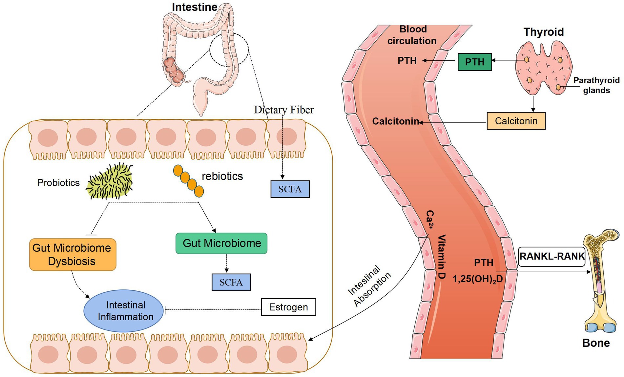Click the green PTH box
[x=474, y=62]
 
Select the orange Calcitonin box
[x=516, y=121]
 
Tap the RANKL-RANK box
[x=552, y=256]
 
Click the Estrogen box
[x=288, y=307]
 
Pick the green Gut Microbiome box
[x=221, y=243]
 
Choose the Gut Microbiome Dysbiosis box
[x=73, y=255]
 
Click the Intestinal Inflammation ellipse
[x=124, y=311]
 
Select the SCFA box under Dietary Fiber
[x=290, y=189]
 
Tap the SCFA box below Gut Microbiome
[x=231, y=282]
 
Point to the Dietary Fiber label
[x=284, y=110]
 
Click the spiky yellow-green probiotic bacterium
[x=110, y=181]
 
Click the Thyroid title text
[x=543, y=32]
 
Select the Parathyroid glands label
[x=596, y=85]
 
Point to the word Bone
[x=595, y=343]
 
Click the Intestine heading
[x=194, y=7]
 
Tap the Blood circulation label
[x=412, y=35]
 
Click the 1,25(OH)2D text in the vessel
[x=477, y=279]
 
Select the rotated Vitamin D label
[x=441, y=257]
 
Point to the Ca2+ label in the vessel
[x=430, y=220]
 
